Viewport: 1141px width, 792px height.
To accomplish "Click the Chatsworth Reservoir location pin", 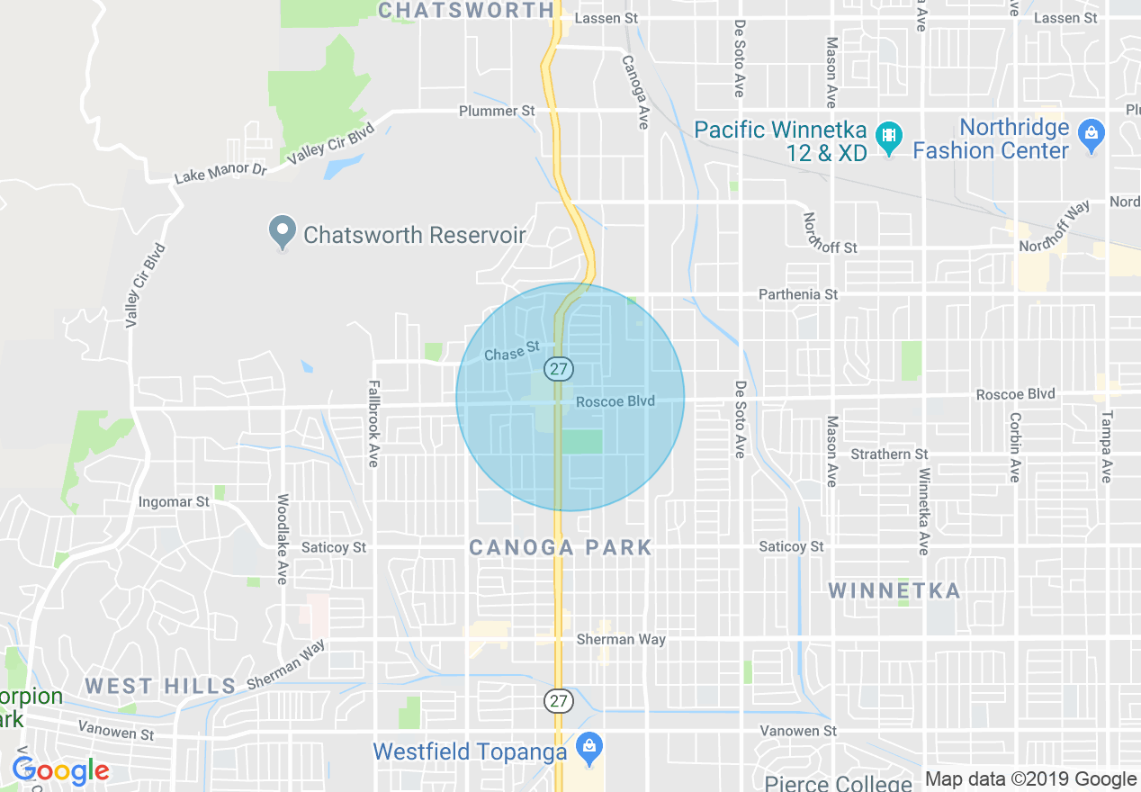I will click(x=283, y=232).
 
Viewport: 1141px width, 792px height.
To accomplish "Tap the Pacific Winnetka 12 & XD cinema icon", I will click(x=889, y=137).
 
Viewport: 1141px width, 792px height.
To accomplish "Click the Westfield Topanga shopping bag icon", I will click(x=589, y=748).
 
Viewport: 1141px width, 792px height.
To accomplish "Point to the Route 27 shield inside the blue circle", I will click(x=558, y=369).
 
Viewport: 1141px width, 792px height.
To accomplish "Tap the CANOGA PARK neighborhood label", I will click(x=561, y=547).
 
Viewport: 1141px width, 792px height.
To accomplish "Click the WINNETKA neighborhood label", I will click(x=894, y=591).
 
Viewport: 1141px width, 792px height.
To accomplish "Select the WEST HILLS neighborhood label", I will click(x=160, y=686).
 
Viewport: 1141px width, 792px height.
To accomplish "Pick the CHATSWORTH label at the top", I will click(x=466, y=10).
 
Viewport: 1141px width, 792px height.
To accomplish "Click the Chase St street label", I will click(x=511, y=352).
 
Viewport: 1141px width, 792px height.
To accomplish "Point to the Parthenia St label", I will click(x=797, y=294).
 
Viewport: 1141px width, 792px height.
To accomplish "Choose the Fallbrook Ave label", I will click(x=373, y=424).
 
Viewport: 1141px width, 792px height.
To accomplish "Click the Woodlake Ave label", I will click(x=283, y=539).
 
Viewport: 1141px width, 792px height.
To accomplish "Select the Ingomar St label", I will click(x=174, y=501).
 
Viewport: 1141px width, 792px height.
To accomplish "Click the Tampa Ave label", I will click(x=1106, y=447).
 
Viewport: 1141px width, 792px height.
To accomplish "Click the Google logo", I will click(x=60, y=771).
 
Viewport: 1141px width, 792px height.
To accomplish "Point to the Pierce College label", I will click(x=838, y=783).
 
